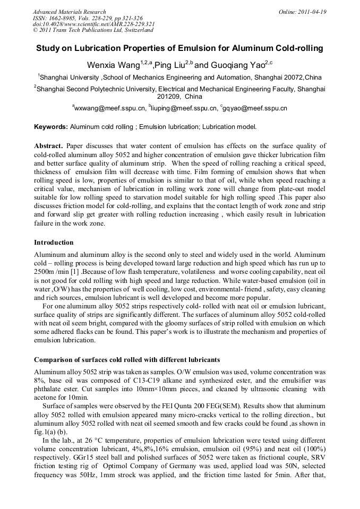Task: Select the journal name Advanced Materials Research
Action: click(69, 12)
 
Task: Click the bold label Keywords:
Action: click(51, 127)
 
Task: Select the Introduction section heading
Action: click(54, 243)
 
